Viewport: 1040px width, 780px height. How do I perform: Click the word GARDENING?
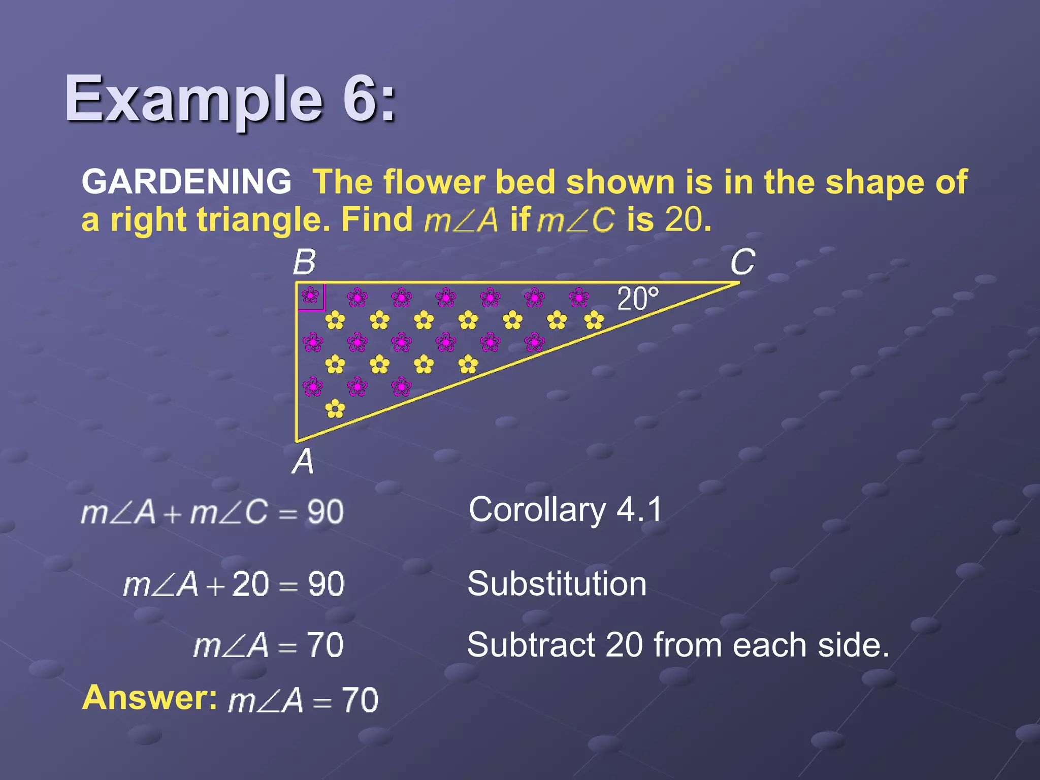pyautogui.click(x=186, y=182)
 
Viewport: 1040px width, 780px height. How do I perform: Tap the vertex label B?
pyautogui.click(x=304, y=263)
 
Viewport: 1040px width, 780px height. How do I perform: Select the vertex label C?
pyautogui.click(x=742, y=263)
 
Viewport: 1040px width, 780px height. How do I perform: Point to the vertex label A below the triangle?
pyautogui.click(x=303, y=462)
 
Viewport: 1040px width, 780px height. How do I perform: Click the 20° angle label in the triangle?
pyautogui.click(x=638, y=299)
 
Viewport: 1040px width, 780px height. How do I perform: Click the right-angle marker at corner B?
pyautogui.click(x=311, y=296)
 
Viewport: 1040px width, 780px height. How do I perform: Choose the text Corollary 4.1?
pyautogui.click(x=565, y=509)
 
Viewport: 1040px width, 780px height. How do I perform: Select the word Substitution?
pyautogui.click(x=557, y=583)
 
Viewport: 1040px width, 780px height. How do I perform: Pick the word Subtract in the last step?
pyautogui.click(x=530, y=645)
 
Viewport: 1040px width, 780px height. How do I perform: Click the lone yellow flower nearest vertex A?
pyautogui.click(x=335, y=409)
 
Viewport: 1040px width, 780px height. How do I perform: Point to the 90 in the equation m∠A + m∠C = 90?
pyautogui.click(x=326, y=512)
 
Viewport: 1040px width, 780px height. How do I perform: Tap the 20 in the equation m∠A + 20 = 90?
pyautogui.click(x=250, y=584)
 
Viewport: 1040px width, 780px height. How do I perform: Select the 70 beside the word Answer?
pyautogui.click(x=360, y=700)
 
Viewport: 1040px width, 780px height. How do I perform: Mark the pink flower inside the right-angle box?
pyautogui.click(x=310, y=295)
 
